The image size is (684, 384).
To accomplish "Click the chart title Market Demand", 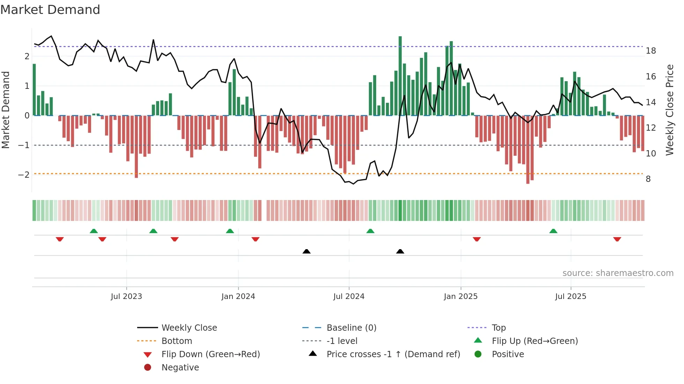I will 50,10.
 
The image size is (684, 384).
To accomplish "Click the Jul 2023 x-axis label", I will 126,297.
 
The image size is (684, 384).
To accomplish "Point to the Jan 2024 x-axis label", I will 238,297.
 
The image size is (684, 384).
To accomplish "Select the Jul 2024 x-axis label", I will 349,297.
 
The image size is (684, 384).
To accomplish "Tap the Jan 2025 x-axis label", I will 461,297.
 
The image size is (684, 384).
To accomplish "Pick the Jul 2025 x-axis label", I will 571,297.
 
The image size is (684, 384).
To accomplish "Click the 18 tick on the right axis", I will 650,51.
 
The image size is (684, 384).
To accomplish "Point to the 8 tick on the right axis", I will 648,179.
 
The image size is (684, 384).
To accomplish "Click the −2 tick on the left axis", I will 24,175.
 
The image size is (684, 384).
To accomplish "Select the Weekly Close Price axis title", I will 669,110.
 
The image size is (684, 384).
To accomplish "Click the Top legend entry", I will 498,328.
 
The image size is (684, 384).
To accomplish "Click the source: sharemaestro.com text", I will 618,273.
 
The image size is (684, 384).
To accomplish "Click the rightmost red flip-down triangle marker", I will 617,239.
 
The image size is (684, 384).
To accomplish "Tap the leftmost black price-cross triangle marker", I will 306,251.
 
